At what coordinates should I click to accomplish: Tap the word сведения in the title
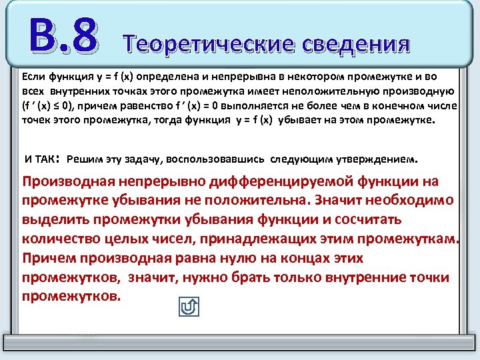354,43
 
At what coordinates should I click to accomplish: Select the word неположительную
357,91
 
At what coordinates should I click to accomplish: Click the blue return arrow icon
189,307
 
